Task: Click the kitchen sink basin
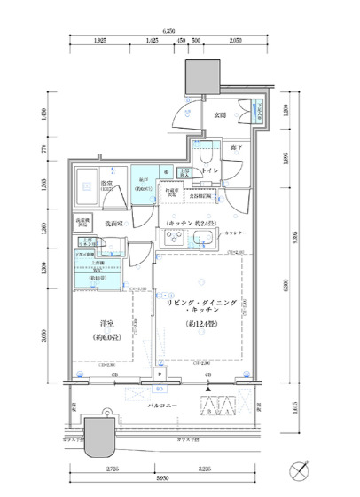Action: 202,238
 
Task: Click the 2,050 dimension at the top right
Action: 235,41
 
